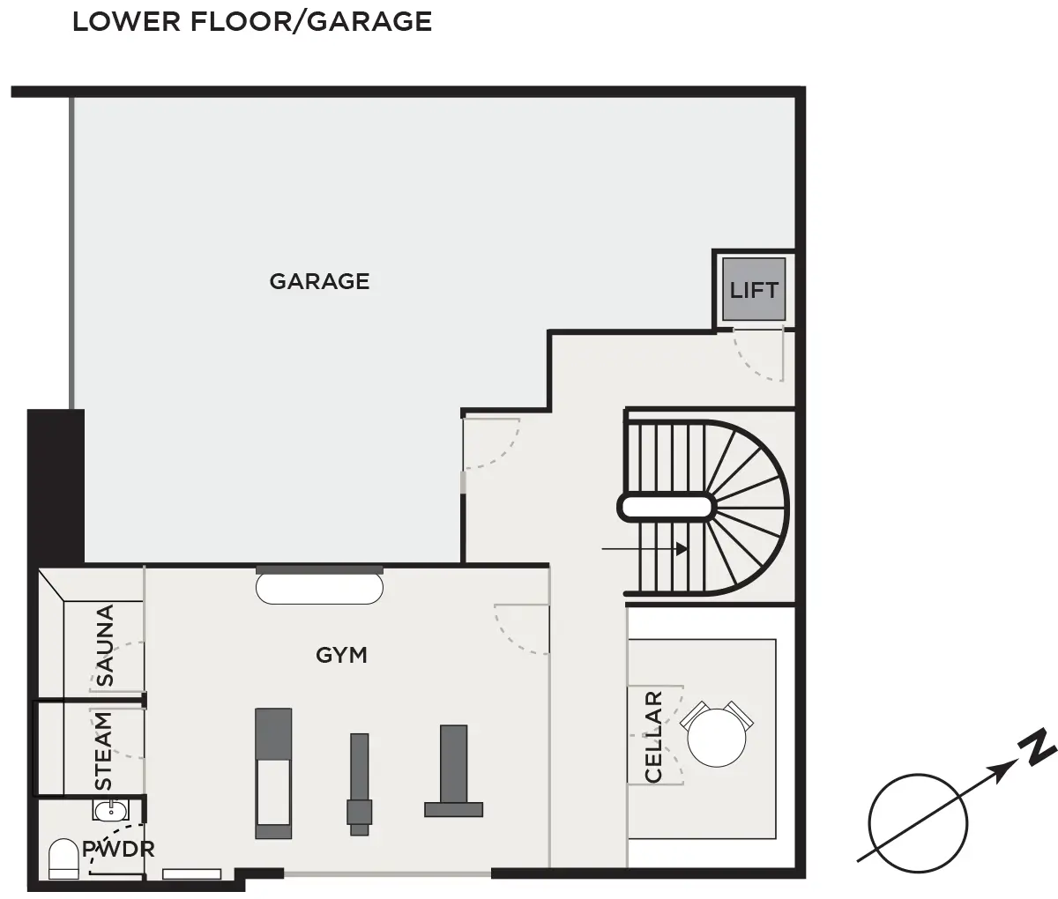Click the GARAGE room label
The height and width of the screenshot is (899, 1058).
[319, 281]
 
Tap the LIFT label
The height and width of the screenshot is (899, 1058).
[754, 290]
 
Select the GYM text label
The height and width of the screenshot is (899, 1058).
[341, 655]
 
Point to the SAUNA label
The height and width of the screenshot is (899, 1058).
[105, 645]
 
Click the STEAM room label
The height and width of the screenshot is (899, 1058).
[103, 751]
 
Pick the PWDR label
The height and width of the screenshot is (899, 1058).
[118, 850]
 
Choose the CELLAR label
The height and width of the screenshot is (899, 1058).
[653, 737]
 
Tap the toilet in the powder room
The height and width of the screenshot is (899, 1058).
[63, 858]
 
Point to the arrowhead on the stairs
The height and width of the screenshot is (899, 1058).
[682, 549]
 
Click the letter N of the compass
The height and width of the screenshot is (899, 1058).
[1037, 748]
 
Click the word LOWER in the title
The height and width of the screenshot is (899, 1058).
[126, 22]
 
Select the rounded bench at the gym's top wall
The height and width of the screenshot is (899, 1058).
[319, 589]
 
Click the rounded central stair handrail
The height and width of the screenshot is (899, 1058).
[666, 508]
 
